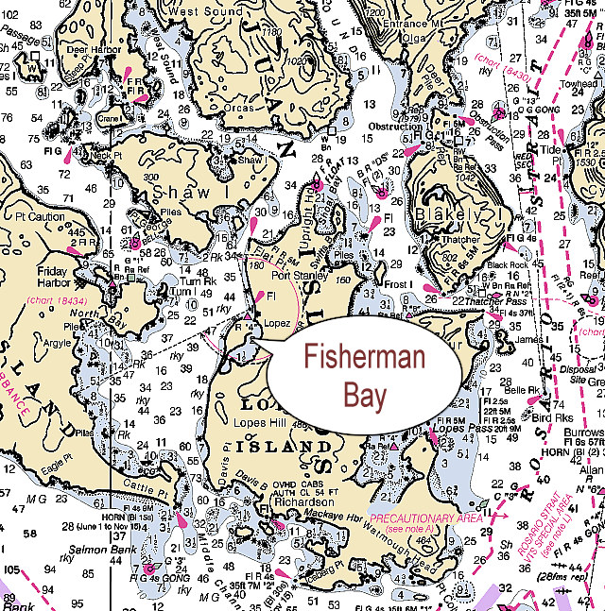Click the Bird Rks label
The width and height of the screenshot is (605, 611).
(x=553, y=417)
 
